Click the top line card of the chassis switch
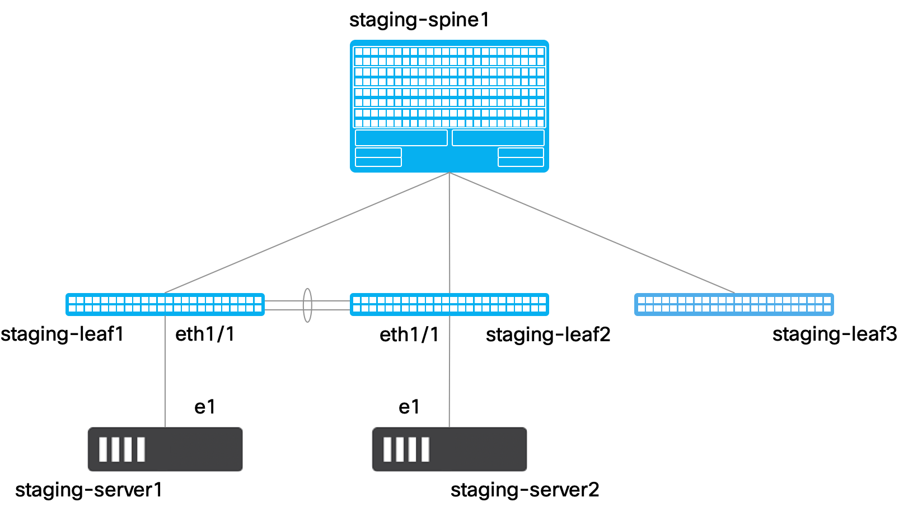coord(449,56)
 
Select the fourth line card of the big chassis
coord(449,118)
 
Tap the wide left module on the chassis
coord(401,138)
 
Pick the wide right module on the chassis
coord(498,138)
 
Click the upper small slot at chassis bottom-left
coord(378,152)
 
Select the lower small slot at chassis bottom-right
coord(521,162)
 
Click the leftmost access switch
coord(165,304)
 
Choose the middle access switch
coord(449,304)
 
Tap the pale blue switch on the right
coord(734,304)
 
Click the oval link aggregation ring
coord(307,305)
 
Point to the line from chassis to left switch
coord(307,233)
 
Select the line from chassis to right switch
coord(592,233)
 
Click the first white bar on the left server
coord(103,449)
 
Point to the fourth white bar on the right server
coord(425,449)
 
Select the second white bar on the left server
coord(116,449)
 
